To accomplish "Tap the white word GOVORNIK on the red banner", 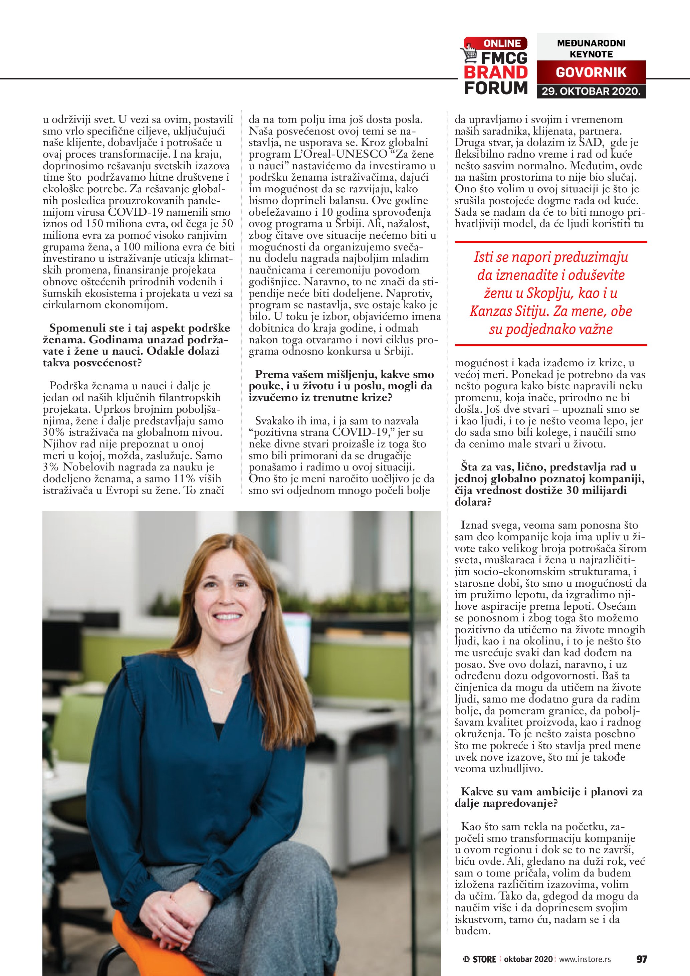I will [591, 72].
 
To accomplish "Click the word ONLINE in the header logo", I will [502, 43].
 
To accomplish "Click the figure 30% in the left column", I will [52, 433].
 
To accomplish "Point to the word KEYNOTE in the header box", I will [591, 54].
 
